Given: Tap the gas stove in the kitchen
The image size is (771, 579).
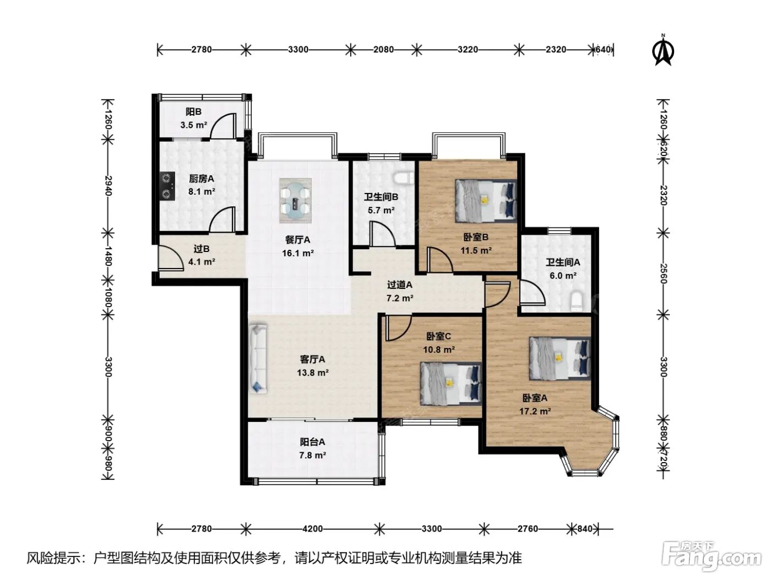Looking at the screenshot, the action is pyautogui.click(x=167, y=186).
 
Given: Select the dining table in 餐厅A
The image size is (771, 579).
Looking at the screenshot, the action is pyautogui.click(x=295, y=201).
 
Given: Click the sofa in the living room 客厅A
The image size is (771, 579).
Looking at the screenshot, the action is pyautogui.click(x=258, y=358).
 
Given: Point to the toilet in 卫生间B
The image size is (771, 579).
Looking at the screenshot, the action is pyautogui.click(x=404, y=177).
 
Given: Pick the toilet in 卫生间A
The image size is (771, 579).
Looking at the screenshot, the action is pyautogui.click(x=577, y=301).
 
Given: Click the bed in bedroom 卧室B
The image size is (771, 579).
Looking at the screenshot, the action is pyautogui.click(x=486, y=201).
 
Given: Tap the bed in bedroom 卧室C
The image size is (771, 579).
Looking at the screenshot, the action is pyautogui.click(x=450, y=384).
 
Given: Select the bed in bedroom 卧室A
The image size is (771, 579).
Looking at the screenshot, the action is pyautogui.click(x=560, y=358).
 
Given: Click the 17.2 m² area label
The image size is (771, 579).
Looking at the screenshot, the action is pyautogui.click(x=535, y=411).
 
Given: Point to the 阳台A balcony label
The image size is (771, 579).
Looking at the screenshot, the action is pyautogui.click(x=312, y=442).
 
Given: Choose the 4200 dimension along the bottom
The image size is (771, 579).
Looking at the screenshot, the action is pyautogui.click(x=313, y=529).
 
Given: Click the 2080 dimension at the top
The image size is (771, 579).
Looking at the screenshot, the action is pyautogui.click(x=383, y=50).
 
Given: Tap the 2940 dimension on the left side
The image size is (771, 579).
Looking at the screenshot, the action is pyautogui.click(x=108, y=186).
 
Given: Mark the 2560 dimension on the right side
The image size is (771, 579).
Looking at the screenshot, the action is pyautogui.click(x=663, y=274).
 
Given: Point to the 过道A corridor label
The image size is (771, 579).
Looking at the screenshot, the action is pyautogui.click(x=399, y=285).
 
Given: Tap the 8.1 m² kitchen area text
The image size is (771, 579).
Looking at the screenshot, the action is pyautogui.click(x=202, y=191).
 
